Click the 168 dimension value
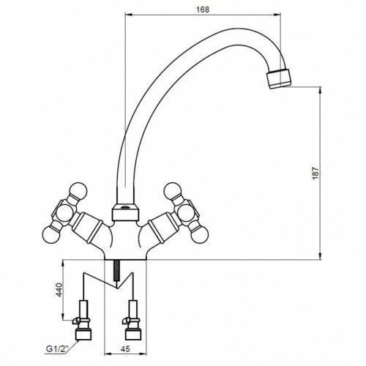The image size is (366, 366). coord(203,10)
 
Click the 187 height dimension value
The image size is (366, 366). coord(315,173)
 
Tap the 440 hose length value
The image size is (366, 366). coord(59,290)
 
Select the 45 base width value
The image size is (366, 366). coord(125,349)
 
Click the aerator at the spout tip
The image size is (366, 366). coord(279,78)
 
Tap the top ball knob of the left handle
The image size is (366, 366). coord(78,191)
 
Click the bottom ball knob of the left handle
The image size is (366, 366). coord(51,235)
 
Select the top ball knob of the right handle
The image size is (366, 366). coord(173,191)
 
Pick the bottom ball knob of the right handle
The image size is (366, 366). coord(200,234)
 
